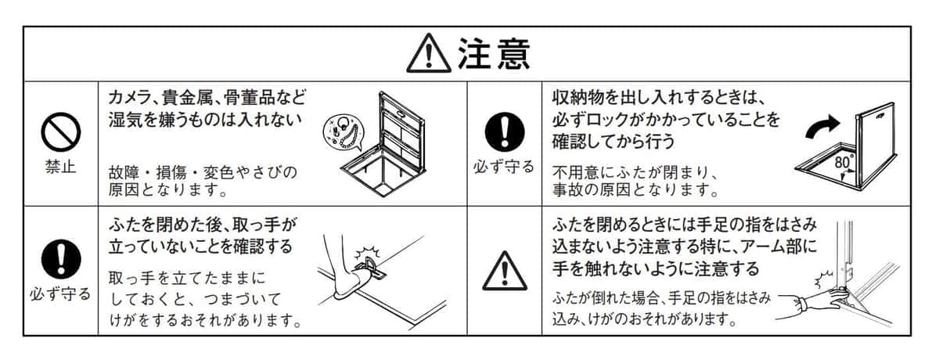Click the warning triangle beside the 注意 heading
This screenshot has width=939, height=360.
430,54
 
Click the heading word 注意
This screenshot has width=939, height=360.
494,53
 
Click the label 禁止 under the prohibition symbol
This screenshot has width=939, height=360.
61,167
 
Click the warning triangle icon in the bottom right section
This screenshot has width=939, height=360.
504,270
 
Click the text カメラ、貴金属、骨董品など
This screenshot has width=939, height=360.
207,98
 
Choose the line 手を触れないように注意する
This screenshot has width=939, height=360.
656,269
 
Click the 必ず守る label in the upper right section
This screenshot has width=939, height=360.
504,167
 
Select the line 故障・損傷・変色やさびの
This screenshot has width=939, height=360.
203,171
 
